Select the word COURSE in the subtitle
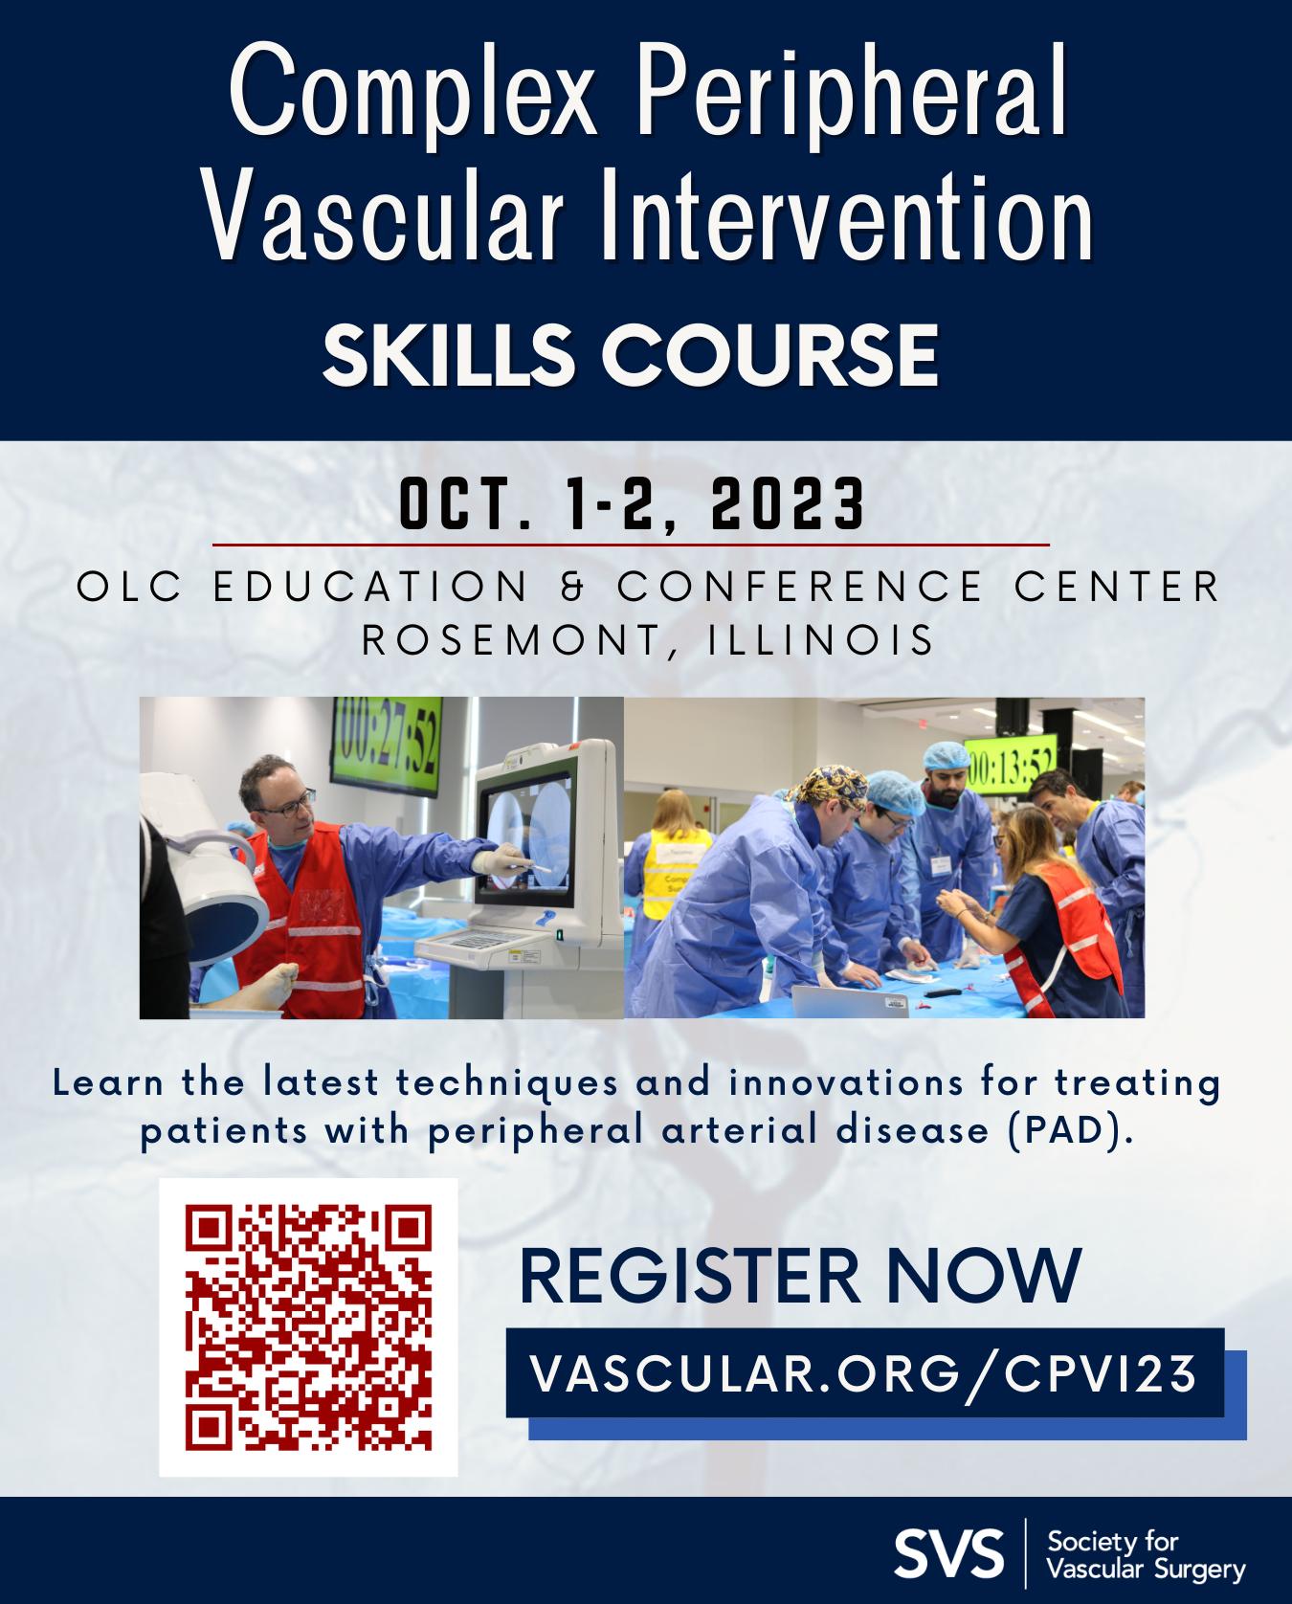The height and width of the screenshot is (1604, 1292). [769, 353]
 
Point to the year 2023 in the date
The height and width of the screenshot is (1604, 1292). [787, 505]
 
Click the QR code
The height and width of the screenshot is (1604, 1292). [308, 1326]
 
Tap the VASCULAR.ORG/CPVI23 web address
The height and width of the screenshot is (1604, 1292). [864, 1373]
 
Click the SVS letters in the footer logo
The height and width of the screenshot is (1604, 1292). [949, 1554]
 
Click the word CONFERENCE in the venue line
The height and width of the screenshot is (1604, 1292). [800, 587]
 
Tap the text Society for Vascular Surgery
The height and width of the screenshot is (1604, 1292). [1147, 1555]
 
